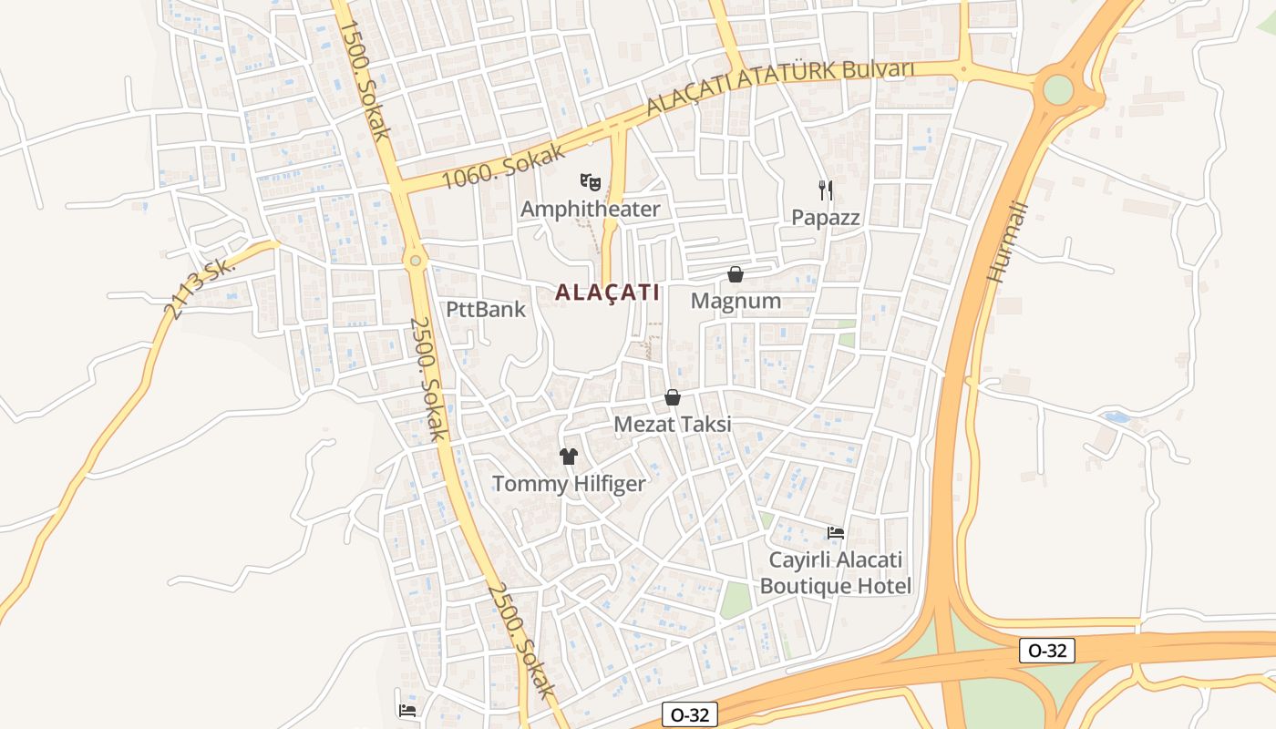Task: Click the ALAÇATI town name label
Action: point(607,293)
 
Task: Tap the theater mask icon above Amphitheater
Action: point(591,182)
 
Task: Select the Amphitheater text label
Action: point(590,210)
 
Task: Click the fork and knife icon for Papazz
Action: point(826,190)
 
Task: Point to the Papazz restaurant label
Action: point(826,218)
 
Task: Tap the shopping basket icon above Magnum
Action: point(736,274)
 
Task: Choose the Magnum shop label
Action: point(736,301)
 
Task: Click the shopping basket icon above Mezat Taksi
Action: point(673,397)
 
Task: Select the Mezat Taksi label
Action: point(673,424)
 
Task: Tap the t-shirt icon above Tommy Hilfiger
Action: point(569,457)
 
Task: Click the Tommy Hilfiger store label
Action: point(569,484)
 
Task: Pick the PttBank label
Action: point(486,309)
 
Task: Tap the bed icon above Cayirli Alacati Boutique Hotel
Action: point(836,532)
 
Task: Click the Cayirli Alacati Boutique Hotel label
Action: point(836,572)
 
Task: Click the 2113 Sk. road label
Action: point(199,289)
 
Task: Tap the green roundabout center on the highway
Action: point(1058,89)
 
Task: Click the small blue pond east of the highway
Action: point(1116,418)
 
